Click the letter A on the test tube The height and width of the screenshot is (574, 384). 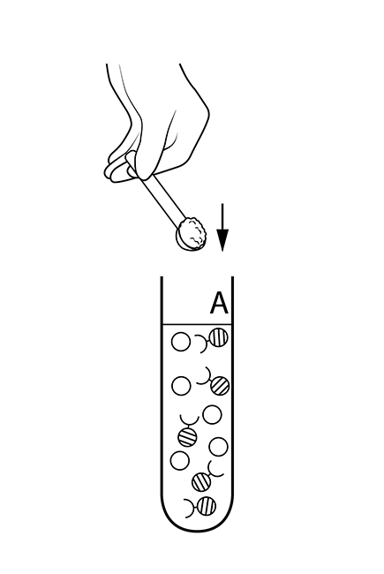[x=219, y=303]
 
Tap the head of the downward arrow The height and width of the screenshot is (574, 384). [x=222, y=240]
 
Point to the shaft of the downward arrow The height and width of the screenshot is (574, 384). [x=222, y=216]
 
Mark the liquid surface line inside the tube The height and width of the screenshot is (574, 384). [x=197, y=324]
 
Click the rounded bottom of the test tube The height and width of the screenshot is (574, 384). [x=197, y=520]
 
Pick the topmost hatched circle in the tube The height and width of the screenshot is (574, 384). [x=218, y=337]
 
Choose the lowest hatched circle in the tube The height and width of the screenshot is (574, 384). [x=206, y=506]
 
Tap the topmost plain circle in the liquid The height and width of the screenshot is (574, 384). [x=181, y=342]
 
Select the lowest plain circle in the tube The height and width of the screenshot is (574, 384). [x=180, y=460]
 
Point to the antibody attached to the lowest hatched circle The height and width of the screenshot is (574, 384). [x=191, y=508]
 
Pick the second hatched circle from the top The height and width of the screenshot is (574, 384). [x=220, y=386]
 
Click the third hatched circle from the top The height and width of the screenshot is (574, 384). [x=188, y=437]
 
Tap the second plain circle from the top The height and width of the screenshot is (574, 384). [x=181, y=386]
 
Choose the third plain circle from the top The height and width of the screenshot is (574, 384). [x=212, y=415]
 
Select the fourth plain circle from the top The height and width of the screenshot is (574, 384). [x=218, y=447]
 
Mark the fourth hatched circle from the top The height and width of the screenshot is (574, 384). [x=201, y=482]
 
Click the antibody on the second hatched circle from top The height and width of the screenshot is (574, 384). [x=206, y=378]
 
